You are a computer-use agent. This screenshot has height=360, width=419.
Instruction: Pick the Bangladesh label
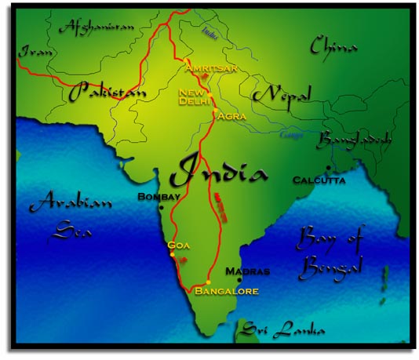pos(354,140)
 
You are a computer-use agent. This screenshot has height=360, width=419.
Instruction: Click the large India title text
pos(215,169)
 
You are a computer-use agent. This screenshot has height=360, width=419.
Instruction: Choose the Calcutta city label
pos(319,180)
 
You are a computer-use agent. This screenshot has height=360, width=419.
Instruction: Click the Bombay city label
pos(159,196)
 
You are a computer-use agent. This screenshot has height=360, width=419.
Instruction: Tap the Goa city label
pos(180,245)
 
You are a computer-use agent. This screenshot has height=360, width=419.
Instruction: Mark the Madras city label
pos(247,271)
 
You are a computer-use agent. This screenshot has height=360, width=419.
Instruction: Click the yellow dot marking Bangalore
pos(208,282)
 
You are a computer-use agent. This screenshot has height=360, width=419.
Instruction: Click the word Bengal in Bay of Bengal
pos(331,268)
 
